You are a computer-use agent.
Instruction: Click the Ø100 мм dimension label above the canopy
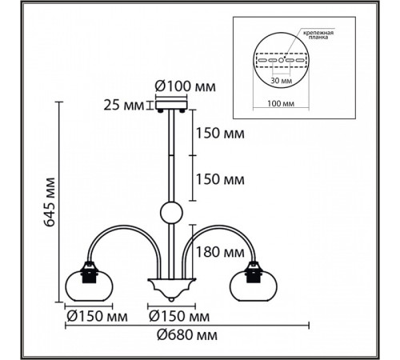click(185, 86)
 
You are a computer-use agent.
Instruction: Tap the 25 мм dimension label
click(123, 105)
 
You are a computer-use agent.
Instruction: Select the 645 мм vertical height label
click(50, 202)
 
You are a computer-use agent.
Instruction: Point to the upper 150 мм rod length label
click(220, 133)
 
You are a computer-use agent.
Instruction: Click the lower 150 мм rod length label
click(220, 179)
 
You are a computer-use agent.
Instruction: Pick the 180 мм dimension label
click(220, 252)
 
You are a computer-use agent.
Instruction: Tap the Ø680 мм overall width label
click(187, 335)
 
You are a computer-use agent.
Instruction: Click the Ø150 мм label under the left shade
click(97, 317)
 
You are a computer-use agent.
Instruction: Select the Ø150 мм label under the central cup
click(179, 317)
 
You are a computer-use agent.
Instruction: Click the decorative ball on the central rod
click(171, 213)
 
